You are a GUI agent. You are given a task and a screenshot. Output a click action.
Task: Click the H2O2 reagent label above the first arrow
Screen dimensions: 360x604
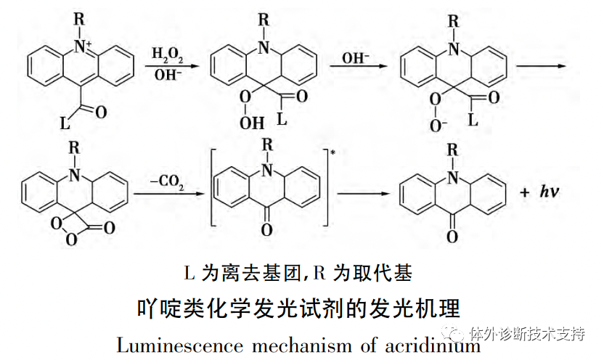[x=167, y=54]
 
